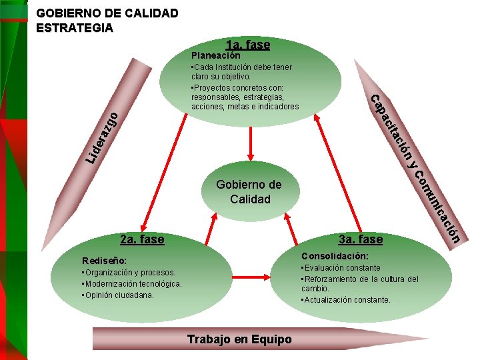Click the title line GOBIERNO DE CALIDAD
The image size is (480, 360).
107,13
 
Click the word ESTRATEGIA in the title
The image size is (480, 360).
75,28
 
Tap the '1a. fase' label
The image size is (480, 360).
248,45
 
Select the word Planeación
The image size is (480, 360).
215,55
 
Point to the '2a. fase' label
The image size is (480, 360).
141,239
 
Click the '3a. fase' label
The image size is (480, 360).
360,239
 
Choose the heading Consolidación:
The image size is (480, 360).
335,256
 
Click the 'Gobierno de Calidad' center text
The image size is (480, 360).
249,192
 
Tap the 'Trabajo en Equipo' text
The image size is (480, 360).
239,339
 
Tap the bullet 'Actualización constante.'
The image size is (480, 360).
346,300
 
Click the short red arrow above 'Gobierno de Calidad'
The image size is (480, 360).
250,141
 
